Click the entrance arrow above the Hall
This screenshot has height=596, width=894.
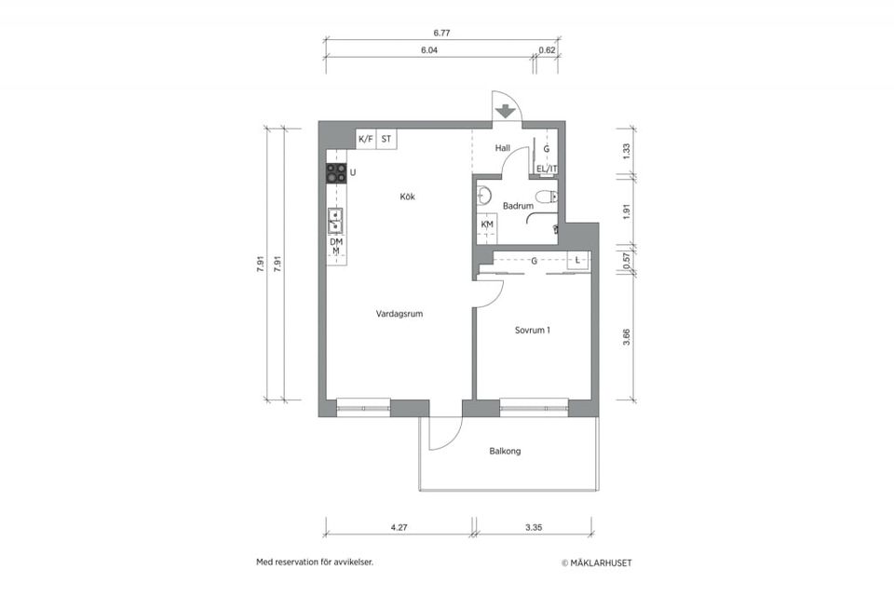click(x=504, y=111)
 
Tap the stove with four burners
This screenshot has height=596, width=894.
click(x=336, y=173)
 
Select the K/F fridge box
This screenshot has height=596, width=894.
click(x=366, y=139)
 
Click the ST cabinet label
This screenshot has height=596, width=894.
click(x=386, y=139)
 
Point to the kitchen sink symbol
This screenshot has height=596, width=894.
click(x=335, y=221)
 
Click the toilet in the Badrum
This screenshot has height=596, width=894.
click(x=547, y=196)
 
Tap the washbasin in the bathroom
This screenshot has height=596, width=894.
click(x=484, y=196)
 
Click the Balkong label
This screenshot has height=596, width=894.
click(x=505, y=451)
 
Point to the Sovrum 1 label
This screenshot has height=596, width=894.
click(x=533, y=331)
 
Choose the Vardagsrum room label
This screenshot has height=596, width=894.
click(x=400, y=314)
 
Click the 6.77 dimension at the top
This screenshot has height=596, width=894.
click(x=441, y=34)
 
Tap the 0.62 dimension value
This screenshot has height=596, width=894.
click(x=547, y=50)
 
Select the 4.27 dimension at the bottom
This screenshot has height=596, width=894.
click(x=400, y=528)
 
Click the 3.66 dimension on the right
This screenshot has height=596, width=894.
click(x=627, y=337)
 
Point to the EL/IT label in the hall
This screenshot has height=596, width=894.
click(x=547, y=169)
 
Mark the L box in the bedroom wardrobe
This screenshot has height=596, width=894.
click(x=578, y=260)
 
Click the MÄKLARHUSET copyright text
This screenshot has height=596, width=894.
click(x=597, y=562)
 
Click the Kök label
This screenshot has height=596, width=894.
click(x=408, y=196)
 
